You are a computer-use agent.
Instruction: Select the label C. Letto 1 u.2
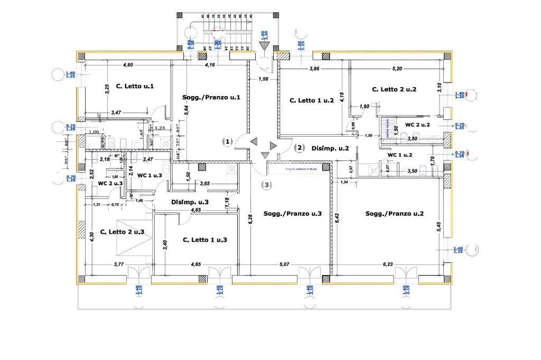click(312, 100)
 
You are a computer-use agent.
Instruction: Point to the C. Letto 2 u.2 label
click(394, 89)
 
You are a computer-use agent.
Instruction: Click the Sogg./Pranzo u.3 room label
click(293, 213)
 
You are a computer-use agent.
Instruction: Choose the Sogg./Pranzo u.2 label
click(395, 214)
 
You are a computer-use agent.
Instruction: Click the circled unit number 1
click(227, 141)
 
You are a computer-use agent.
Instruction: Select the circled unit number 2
click(299, 147)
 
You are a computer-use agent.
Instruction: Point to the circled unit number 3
click(267, 185)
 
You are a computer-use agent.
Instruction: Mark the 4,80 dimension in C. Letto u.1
click(128, 65)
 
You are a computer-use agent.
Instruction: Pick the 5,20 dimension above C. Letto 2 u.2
click(397, 69)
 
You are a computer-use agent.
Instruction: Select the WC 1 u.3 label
click(149, 175)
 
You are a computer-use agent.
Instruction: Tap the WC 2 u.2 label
click(417, 125)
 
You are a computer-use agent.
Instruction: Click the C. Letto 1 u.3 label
click(205, 240)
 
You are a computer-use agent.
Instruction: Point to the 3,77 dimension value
click(119, 264)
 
